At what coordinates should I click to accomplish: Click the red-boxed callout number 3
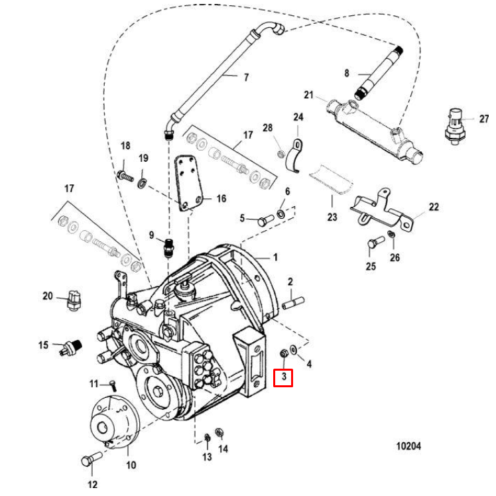click(284, 378)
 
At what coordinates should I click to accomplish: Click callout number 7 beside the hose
click(246, 78)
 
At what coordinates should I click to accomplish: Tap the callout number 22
click(433, 207)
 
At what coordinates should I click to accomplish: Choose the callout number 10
click(131, 465)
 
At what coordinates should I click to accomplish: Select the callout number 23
click(332, 217)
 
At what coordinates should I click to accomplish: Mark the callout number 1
click(275, 257)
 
